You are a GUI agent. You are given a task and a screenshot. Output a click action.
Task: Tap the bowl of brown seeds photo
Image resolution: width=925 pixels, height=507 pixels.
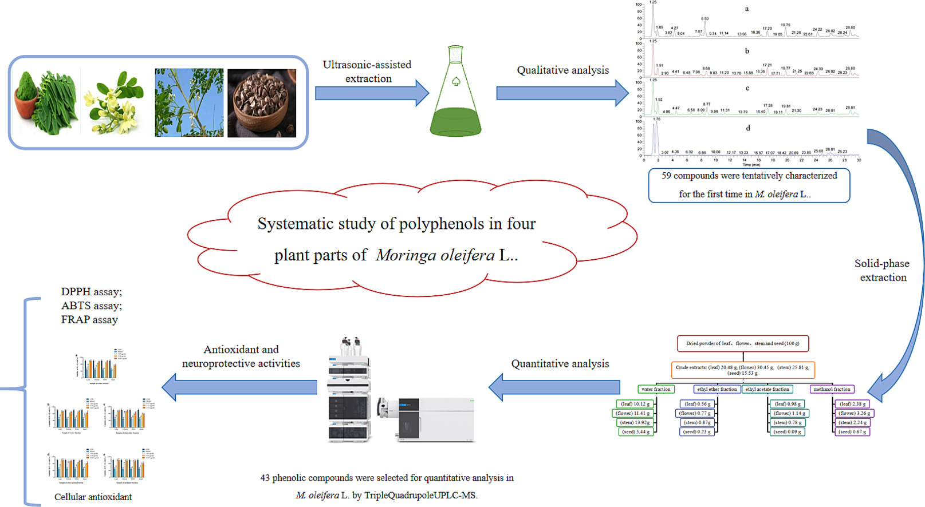(x=262, y=103)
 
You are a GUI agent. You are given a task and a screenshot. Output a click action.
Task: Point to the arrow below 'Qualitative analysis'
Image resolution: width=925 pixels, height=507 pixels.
(x=562, y=93)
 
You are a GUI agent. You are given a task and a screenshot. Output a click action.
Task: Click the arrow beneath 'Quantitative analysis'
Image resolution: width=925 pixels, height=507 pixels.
(x=554, y=387)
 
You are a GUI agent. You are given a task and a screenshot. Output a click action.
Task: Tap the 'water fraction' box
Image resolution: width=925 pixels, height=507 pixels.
(x=656, y=389)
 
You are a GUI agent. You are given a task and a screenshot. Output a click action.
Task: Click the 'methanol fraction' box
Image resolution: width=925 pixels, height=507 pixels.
(x=832, y=389)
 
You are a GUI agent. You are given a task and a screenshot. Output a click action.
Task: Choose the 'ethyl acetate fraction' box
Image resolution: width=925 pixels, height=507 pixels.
(x=767, y=389)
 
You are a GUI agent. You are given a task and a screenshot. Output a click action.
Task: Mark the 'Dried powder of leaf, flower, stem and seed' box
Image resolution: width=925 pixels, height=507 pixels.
(x=743, y=343)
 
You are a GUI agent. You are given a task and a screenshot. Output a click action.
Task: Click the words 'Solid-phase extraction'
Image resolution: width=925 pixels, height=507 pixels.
(x=882, y=271)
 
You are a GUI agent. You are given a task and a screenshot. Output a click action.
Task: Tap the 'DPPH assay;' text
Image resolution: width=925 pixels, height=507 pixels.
(x=92, y=292)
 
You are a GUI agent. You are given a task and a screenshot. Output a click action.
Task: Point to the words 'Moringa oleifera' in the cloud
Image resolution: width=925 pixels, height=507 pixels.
(x=435, y=255)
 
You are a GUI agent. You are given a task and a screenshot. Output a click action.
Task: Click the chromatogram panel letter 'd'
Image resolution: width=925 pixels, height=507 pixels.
(x=747, y=128)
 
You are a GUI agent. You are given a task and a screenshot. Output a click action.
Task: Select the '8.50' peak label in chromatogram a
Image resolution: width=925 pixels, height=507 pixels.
(x=705, y=19)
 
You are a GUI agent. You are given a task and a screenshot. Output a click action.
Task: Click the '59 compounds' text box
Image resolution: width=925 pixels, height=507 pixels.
(x=749, y=185)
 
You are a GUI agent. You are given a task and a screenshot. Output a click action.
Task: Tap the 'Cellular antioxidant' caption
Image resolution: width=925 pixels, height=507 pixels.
(x=93, y=497)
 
